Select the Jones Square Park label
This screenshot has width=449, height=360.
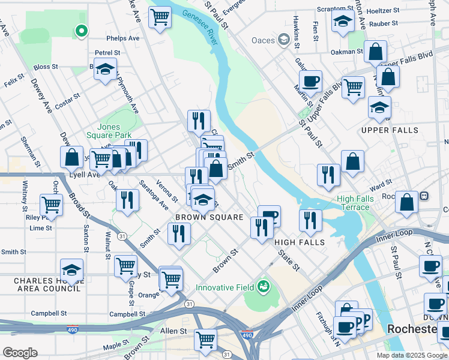[x=103, y=131]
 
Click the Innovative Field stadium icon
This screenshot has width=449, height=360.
[x=263, y=287]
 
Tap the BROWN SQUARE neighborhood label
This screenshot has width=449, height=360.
[x=209, y=217]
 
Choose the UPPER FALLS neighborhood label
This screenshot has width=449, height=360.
[x=388, y=130]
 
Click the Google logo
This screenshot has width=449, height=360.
[x=20, y=353]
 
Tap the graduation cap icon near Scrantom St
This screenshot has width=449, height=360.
[x=342, y=21]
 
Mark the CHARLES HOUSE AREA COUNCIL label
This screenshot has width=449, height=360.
[x=47, y=284]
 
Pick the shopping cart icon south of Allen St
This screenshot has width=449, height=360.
[x=205, y=340]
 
